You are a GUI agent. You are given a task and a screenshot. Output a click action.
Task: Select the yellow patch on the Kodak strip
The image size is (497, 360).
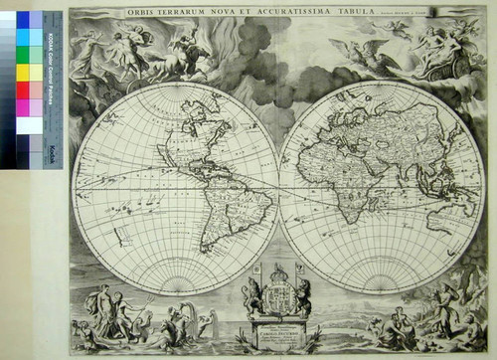pos(22,72)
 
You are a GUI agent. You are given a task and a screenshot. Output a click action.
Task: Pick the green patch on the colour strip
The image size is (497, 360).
pos(22,54)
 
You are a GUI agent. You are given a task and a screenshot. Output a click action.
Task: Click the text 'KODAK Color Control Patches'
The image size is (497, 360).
pos(51,70)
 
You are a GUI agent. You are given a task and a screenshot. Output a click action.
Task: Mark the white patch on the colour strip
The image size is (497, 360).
pos(22,125)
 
